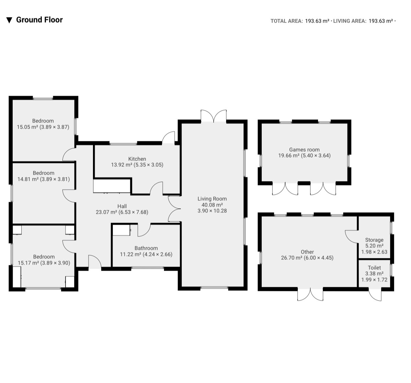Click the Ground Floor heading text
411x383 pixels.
coord(39,20)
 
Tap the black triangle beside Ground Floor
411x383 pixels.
coord(9,20)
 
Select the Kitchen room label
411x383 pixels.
coord(137,159)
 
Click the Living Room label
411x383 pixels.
coord(212,199)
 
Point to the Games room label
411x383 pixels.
coord(304,150)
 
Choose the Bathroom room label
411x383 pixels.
coord(146,248)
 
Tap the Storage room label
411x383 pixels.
coord(374,240)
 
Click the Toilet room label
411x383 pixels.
coord(374,268)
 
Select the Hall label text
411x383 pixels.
coord(122,206)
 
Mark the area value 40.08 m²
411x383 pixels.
coord(212,205)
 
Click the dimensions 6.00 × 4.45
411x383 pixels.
coord(318,258)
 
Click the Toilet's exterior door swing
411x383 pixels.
coord(375,295)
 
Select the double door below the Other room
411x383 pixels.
coord(310,294)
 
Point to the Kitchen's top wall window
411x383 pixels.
coord(123,143)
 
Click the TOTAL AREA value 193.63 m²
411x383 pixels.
coord(317,21)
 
